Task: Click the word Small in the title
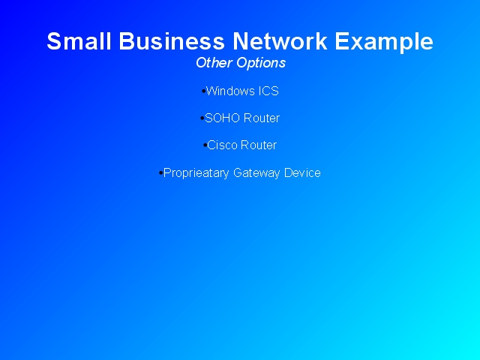click(x=79, y=41)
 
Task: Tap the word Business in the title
click(x=172, y=41)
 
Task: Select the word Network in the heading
click(x=280, y=41)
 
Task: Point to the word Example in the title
click(x=384, y=43)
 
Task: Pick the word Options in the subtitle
click(x=261, y=64)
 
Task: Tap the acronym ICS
click(x=268, y=91)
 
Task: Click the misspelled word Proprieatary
click(x=196, y=173)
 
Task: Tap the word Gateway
click(x=256, y=173)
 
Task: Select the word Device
click(x=302, y=172)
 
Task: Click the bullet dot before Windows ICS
click(x=203, y=91)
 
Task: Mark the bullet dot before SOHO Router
click(x=202, y=118)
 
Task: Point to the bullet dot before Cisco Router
click(x=205, y=145)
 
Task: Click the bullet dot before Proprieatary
click(x=161, y=173)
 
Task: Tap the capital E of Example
click(x=342, y=41)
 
